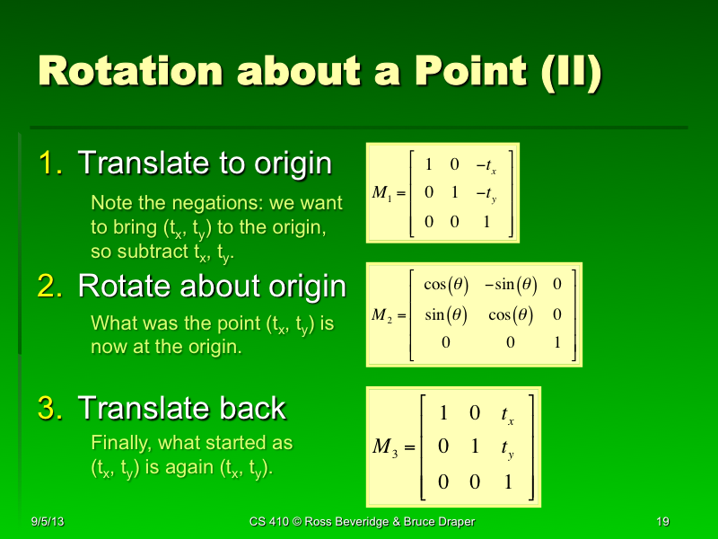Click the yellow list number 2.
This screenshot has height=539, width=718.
point(50,286)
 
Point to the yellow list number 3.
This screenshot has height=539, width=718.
point(50,408)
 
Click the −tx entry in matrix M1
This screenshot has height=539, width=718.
point(486,165)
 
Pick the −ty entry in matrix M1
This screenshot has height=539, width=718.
point(486,191)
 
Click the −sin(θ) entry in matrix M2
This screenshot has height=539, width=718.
point(511,285)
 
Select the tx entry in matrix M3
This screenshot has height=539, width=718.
point(508,414)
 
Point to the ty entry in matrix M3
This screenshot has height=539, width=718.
point(508,447)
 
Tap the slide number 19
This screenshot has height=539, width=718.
point(664,522)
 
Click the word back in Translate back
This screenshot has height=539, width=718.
point(256,408)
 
